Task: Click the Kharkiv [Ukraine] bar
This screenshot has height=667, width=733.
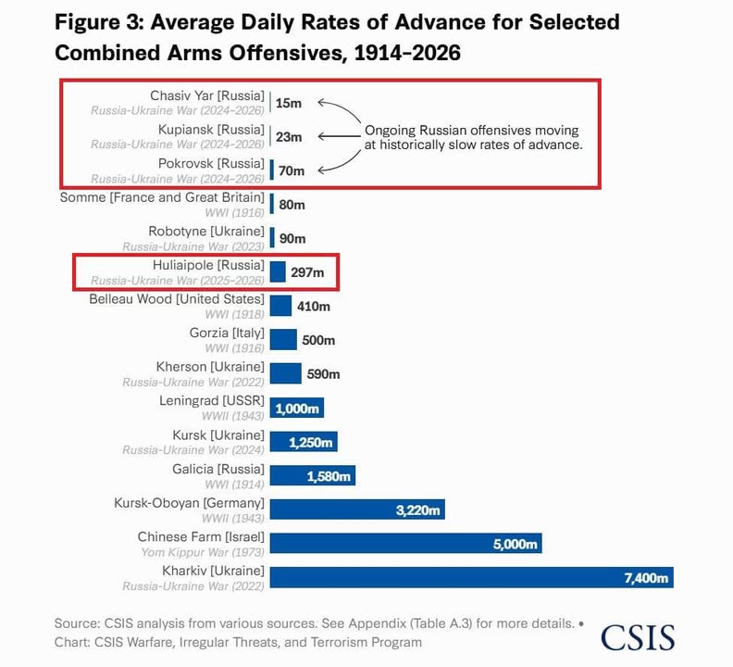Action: click(471, 576)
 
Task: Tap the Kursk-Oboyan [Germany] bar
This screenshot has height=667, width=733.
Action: click(357, 509)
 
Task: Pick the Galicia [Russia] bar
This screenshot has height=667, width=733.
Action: click(312, 475)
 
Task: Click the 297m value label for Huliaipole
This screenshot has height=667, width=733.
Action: click(307, 272)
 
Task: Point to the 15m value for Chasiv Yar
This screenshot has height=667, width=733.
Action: click(289, 103)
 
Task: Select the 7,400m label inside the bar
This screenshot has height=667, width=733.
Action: click(646, 578)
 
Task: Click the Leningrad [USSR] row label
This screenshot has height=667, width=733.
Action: click(212, 401)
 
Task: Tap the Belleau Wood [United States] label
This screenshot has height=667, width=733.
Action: click(177, 299)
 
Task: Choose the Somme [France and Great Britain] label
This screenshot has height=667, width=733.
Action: click(162, 197)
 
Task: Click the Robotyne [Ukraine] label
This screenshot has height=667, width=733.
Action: click(206, 231)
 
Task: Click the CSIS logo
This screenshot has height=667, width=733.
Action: click(638, 636)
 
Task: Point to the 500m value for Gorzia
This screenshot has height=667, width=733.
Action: click(317, 340)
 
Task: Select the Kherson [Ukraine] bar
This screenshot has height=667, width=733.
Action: click(285, 373)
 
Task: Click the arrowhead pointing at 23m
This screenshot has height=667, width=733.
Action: click(320, 136)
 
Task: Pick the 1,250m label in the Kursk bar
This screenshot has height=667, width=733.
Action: click(310, 443)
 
